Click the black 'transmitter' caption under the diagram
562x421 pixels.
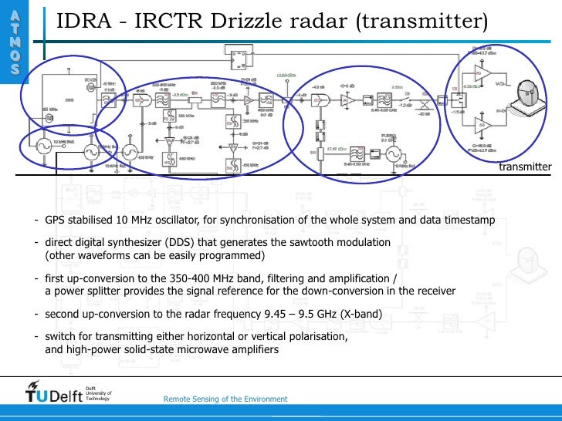pyautogui.click(x=525, y=167)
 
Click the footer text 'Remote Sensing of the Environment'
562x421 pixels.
pyautogui.click(x=225, y=399)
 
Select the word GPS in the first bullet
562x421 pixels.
pyautogui.click(x=55, y=221)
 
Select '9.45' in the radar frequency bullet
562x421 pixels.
pyautogui.click(x=239, y=315)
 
